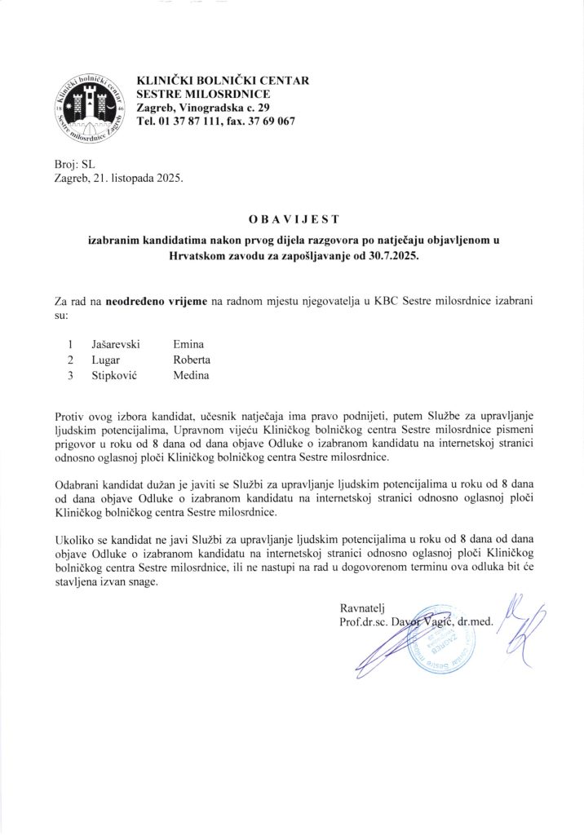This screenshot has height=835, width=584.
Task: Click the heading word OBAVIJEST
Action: pos(292,219)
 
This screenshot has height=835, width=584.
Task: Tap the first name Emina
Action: pos(188,344)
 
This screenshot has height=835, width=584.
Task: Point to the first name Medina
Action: pos(191,375)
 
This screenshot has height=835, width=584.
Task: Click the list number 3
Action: pos(71,375)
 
